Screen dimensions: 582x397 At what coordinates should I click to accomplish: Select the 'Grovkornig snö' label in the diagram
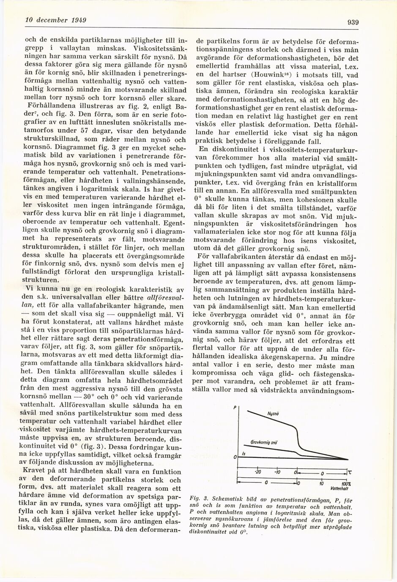264,442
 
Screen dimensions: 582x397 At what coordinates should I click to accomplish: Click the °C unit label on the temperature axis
349,472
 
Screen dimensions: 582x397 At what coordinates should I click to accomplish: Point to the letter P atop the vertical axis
235,408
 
